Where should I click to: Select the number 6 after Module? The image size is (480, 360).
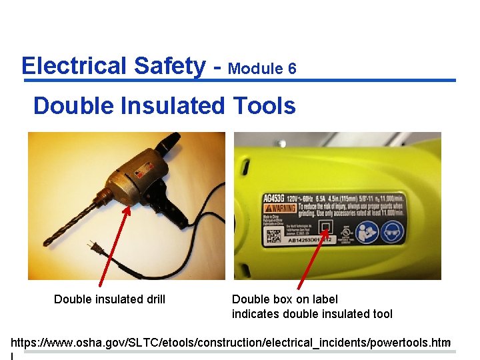[x=292, y=68]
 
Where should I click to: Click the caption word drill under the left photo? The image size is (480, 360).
[x=153, y=299]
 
